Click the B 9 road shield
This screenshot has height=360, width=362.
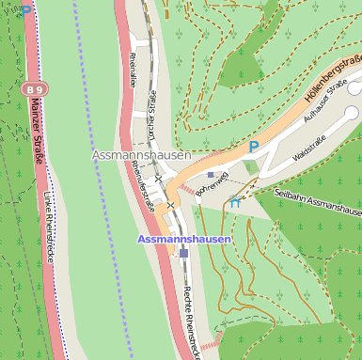pyautogui.click(x=32, y=88)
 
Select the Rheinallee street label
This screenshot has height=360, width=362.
pyautogui.click(x=131, y=70)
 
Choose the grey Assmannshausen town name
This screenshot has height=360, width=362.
pyautogui.click(x=141, y=154)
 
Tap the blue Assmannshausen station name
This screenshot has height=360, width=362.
pyautogui.click(x=184, y=239)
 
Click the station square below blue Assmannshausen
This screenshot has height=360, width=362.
pyautogui.click(x=184, y=252)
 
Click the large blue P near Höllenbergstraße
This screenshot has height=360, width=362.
pyautogui.click(x=253, y=147)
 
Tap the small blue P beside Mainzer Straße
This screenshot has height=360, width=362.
pyautogui.click(x=26, y=8)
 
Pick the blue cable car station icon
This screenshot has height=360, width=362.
pyautogui.click(x=234, y=201)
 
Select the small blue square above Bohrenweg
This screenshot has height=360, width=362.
pyautogui.click(x=210, y=175)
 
